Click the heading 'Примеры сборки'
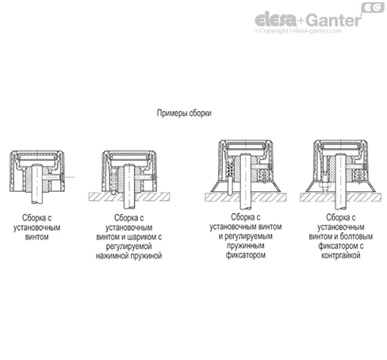[184, 113]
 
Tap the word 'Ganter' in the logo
[334, 20]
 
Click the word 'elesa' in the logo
[275, 20]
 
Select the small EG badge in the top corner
[373, 7]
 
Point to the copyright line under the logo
[298, 31]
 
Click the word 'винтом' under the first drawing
[36, 237]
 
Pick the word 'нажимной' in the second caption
[111, 256]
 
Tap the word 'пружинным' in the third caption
[245, 246]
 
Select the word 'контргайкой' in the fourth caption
[340, 255]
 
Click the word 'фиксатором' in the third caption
[245, 255]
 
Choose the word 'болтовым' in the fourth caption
[356, 236]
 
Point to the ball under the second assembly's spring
[113, 192]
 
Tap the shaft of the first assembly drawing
[37, 184]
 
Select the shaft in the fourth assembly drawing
[340, 182]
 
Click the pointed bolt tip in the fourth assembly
[325, 188]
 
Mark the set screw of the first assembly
[54, 177]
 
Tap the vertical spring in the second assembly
[114, 179]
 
